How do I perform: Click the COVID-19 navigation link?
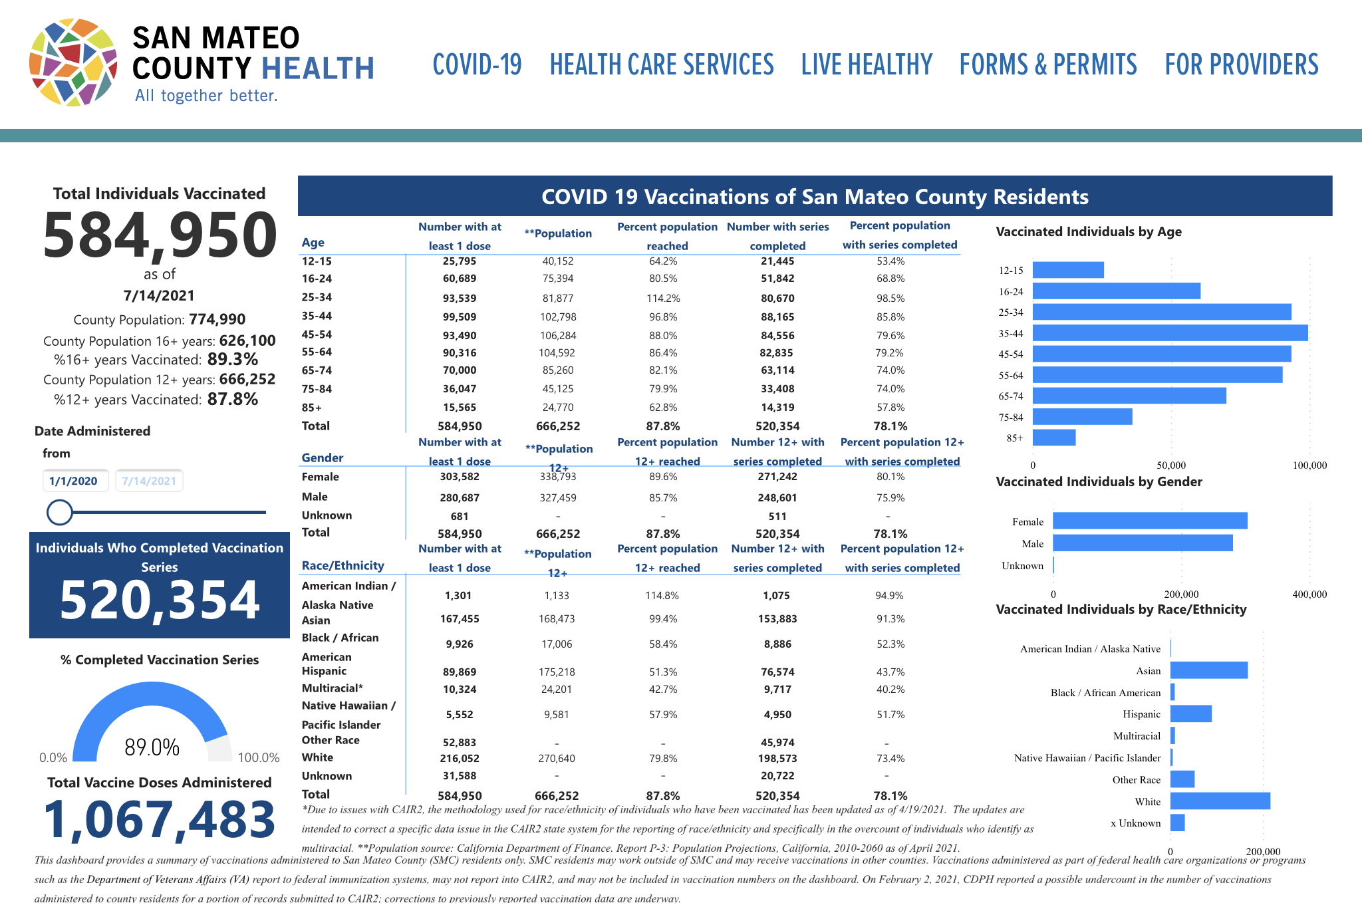pos(477,65)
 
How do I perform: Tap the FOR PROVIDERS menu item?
pos(1241,65)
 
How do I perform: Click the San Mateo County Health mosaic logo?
pos(73,63)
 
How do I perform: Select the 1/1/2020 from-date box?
pos(74,481)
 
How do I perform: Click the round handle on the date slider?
pos(60,512)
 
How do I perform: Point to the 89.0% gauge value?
pos(152,747)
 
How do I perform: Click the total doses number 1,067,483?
pos(160,819)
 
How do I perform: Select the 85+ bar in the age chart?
pos(1054,438)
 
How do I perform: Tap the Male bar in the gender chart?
pos(1142,543)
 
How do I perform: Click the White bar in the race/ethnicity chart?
pos(1220,801)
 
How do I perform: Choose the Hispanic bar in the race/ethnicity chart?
pos(1190,714)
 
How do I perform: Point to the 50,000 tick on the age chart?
pos(1171,465)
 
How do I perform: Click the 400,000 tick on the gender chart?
pos(1309,594)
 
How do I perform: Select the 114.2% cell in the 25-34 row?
pos(663,299)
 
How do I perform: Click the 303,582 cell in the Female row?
pos(460,477)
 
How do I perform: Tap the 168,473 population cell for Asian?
pos(557,619)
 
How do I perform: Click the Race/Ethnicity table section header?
pos(343,566)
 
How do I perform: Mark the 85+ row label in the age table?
pos(312,408)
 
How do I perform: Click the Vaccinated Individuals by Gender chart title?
pos(1099,482)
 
